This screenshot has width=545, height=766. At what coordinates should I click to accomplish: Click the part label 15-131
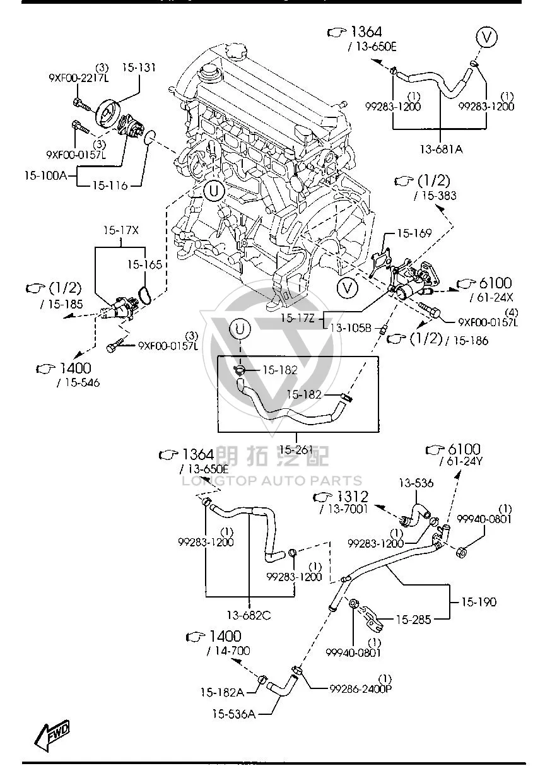click(139, 68)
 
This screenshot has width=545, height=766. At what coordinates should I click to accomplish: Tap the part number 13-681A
click(442, 150)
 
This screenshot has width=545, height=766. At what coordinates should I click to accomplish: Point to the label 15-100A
click(46, 176)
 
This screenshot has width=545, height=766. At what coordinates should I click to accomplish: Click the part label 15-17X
click(121, 230)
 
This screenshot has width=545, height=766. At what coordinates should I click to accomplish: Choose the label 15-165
click(144, 264)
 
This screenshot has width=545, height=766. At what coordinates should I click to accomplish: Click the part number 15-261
click(296, 449)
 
